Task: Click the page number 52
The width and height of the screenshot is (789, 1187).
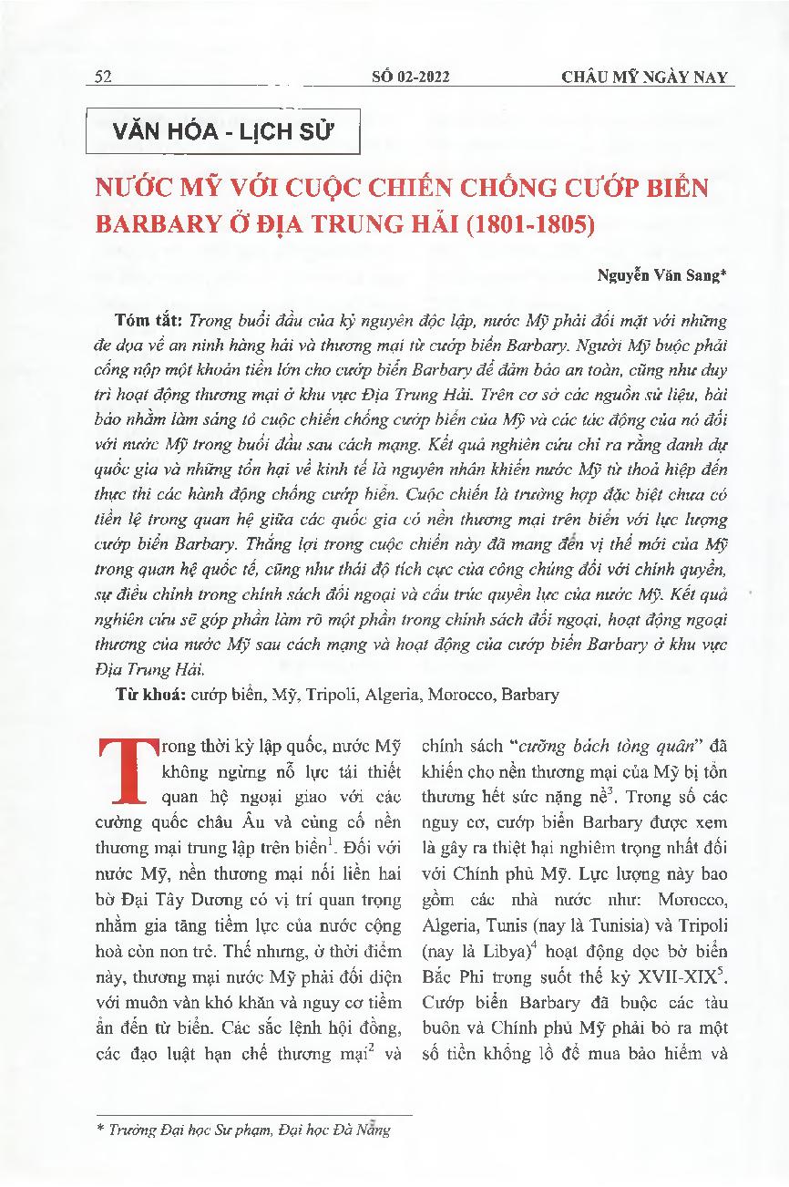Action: click(x=102, y=77)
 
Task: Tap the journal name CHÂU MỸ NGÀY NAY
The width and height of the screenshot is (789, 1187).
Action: click(x=644, y=77)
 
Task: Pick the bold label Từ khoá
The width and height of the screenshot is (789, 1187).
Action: click(x=150, y=695)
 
